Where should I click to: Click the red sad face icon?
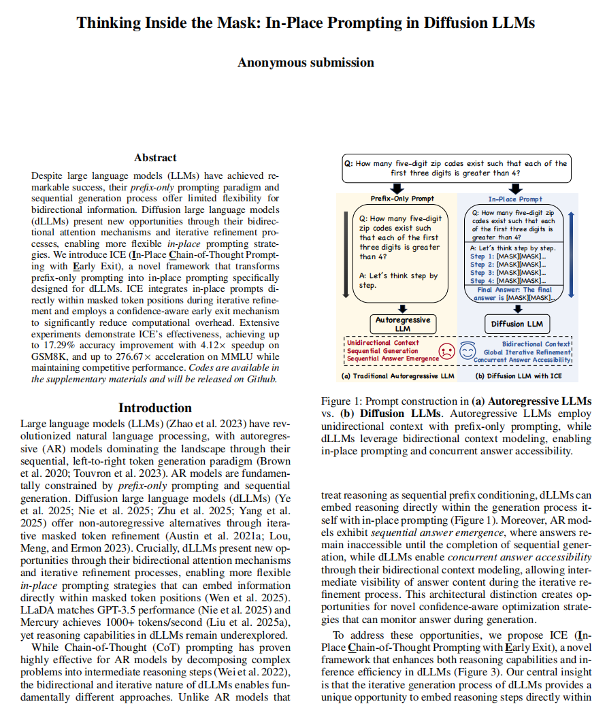click(x=446, y=352)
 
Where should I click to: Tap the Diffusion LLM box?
click(x=517, y=324)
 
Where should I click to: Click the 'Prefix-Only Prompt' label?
click(x=402, y=199)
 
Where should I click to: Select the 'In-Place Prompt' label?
click(x=515, y=199)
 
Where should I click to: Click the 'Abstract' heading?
click(x=155, y=158)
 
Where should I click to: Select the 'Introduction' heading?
click(x=155, y=408)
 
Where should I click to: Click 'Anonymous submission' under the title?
click(x=306, y=63)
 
